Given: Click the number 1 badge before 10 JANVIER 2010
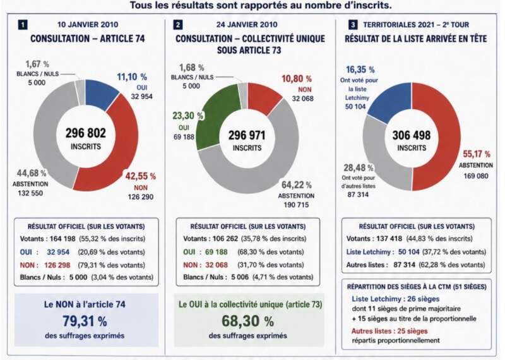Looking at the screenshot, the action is pos(23,25).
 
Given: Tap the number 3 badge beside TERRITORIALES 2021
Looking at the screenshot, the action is pos(353,25).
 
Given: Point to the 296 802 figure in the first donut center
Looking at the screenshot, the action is pos(86,133).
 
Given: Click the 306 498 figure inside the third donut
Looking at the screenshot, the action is pos(412,135).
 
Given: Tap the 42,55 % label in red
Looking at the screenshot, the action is pos(140,176).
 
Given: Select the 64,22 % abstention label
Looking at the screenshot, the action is pos(296,185).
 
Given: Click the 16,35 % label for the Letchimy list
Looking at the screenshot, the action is pos(360,69).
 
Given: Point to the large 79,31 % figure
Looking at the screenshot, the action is pos(85,321).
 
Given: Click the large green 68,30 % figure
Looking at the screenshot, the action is pos(247,321).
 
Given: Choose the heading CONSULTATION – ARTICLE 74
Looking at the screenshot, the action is pos(88,39).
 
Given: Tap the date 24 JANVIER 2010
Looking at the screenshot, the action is pos(247,25).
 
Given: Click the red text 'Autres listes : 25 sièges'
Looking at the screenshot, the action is pos(389,331).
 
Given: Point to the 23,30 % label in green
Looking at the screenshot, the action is pos(187,116).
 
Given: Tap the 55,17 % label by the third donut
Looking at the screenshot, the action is pos(477,154).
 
